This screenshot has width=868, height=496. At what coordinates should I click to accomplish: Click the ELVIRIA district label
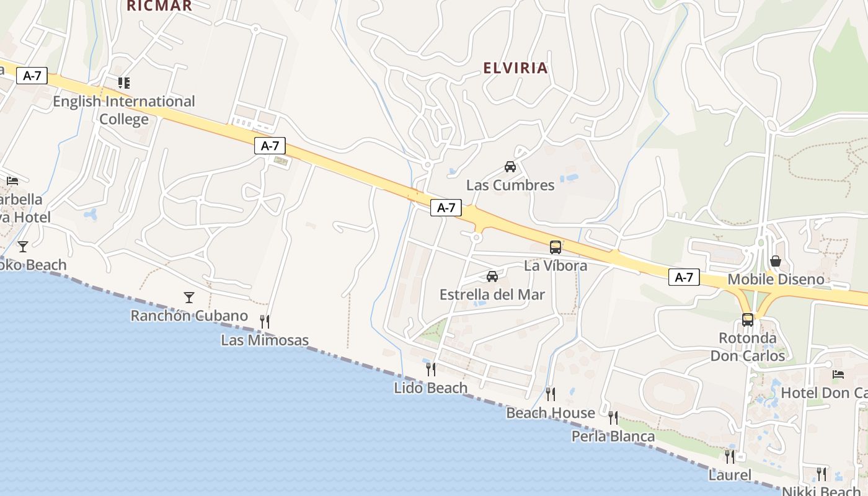[x=515, y=68]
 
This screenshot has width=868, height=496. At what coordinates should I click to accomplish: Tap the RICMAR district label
[x=159, y=6]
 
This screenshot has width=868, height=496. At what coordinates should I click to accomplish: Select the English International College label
[x=124, y=110]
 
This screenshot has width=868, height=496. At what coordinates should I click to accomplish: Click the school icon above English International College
[x=124, y=82]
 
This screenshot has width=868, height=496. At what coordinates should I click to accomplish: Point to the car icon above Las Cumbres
[x=510, y=167]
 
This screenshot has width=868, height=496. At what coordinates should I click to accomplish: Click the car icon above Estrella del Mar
[x=492, y=277]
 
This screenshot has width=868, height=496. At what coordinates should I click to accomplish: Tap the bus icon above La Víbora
[x=556, y=247]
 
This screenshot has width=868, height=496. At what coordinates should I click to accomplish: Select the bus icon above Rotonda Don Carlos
[x=748, y=320]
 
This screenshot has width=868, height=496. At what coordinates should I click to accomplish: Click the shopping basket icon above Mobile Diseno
[x=776, y=261]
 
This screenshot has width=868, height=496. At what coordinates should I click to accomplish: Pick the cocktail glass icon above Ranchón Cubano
[x=189, y=298]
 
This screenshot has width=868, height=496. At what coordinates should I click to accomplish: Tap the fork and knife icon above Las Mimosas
[x=265, y=321]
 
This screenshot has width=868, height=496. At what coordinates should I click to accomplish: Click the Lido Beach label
[x=431, y=388]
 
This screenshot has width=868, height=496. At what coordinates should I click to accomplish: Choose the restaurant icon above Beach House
[x=550, y=394]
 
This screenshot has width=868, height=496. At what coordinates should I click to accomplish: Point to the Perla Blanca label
[x=613, y=436]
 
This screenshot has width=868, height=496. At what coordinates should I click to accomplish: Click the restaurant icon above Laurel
[x=730, y=457]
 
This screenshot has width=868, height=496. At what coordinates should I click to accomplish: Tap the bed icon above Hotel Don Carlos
[x=838, y=374]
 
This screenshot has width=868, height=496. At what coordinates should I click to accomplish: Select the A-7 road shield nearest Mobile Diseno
[x=684, y=277]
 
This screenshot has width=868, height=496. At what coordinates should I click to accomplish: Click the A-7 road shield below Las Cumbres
[x=446, y=208]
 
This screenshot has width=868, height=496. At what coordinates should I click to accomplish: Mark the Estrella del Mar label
[x=492, y=294]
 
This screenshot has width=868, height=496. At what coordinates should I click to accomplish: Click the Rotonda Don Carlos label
[x=748, y=347]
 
